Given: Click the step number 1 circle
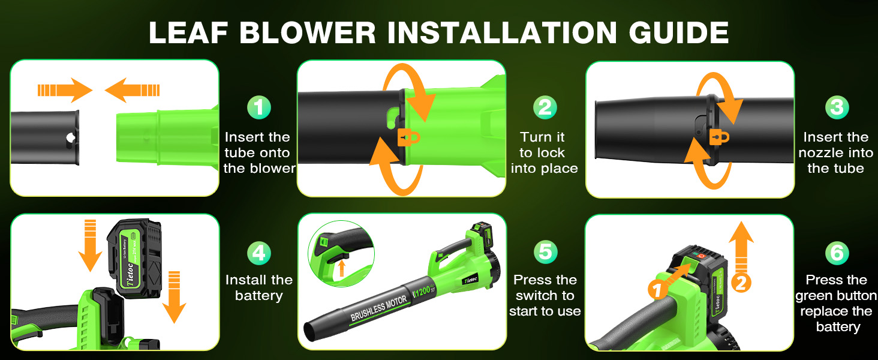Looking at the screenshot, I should (x=259, y=108).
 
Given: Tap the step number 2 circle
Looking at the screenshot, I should (x=545, y=108).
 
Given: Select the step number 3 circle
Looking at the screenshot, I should (x=837, y=108).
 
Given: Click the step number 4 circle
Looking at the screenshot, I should (x=259, y=253).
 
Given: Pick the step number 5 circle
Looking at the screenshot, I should (x=545, y=253).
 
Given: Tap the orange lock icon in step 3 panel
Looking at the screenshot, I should (x=719, y=136).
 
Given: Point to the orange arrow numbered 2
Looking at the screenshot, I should (x=741, y=258).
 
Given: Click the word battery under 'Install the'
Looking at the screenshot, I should (x=258, y=296).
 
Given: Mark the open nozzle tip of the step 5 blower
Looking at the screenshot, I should (x=313, y=330).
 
